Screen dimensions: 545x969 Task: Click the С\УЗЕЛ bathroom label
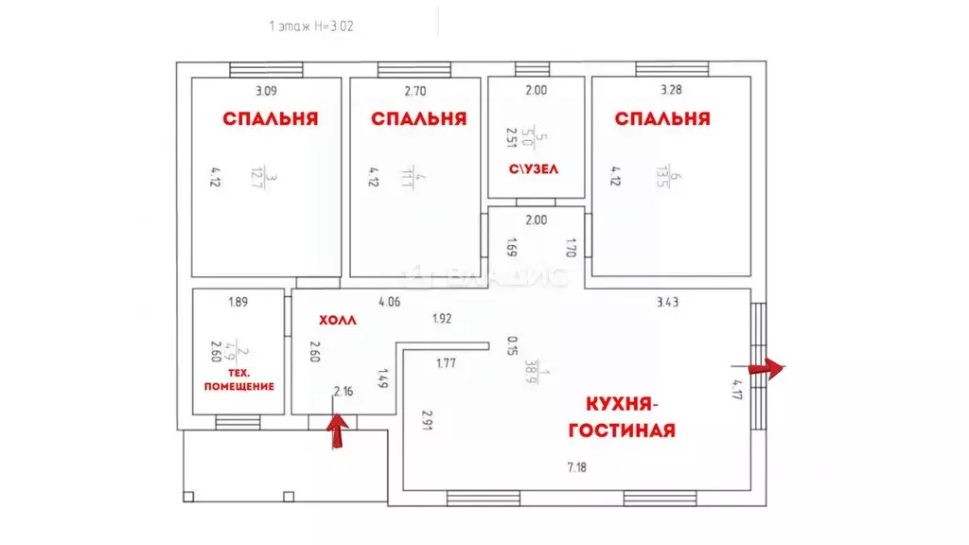535,169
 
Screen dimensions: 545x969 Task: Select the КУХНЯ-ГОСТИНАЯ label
621,417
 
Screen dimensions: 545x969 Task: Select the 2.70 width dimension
416,92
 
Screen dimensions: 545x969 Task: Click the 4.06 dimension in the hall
389,303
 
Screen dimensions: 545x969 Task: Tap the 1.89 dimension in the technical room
238,303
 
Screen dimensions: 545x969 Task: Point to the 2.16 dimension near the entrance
344,390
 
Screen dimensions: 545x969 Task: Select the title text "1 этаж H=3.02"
311,27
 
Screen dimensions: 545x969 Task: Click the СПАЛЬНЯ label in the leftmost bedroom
270,119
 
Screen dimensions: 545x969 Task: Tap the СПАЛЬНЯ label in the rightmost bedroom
661,119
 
